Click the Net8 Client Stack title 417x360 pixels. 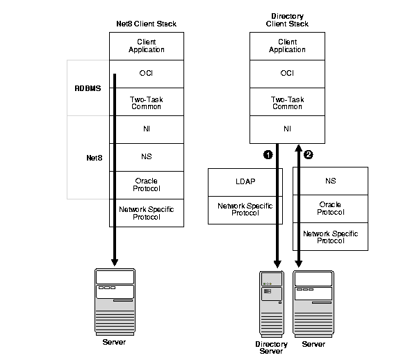coord(146,24)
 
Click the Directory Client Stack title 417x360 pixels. coord(286,19)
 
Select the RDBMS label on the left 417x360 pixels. coord(88,88)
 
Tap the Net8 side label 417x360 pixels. coord(88,158)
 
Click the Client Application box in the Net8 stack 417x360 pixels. coord(146,46)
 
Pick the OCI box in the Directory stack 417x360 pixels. coord(287,73)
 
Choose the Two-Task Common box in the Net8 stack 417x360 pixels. coord(146,102)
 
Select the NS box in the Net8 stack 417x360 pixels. coord(146,157)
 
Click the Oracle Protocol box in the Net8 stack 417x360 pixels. coord(146,185)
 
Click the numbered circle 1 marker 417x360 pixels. coord(267,155)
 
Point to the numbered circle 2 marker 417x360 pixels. coord(309,155)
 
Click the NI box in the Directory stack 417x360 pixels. coord(287,129)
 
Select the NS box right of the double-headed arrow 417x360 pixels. coord(331,181)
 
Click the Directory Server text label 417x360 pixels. coord(270,347)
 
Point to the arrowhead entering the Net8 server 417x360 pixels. coord(114,263)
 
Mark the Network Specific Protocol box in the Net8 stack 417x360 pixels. coord(146,213)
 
